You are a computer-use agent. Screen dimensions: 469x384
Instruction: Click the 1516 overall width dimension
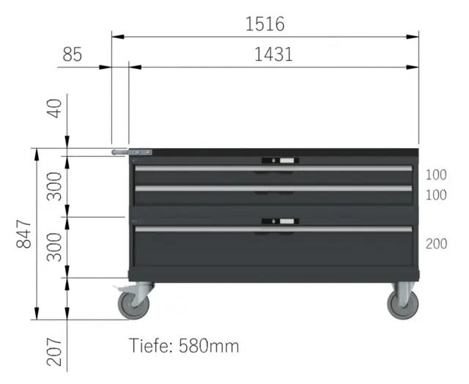point(265,24)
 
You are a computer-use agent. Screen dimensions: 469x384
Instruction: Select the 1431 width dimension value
point(273,55)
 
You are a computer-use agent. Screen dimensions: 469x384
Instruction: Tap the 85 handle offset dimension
point(72,55)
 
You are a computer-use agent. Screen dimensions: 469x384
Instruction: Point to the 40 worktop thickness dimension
point(54,108)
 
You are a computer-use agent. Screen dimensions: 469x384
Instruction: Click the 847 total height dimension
point(23,235)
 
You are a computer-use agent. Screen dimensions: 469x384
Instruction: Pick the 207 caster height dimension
point(54,352)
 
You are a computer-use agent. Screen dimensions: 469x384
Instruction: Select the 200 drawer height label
point(437,244)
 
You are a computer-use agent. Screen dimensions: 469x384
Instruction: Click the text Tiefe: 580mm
point(184,346)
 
